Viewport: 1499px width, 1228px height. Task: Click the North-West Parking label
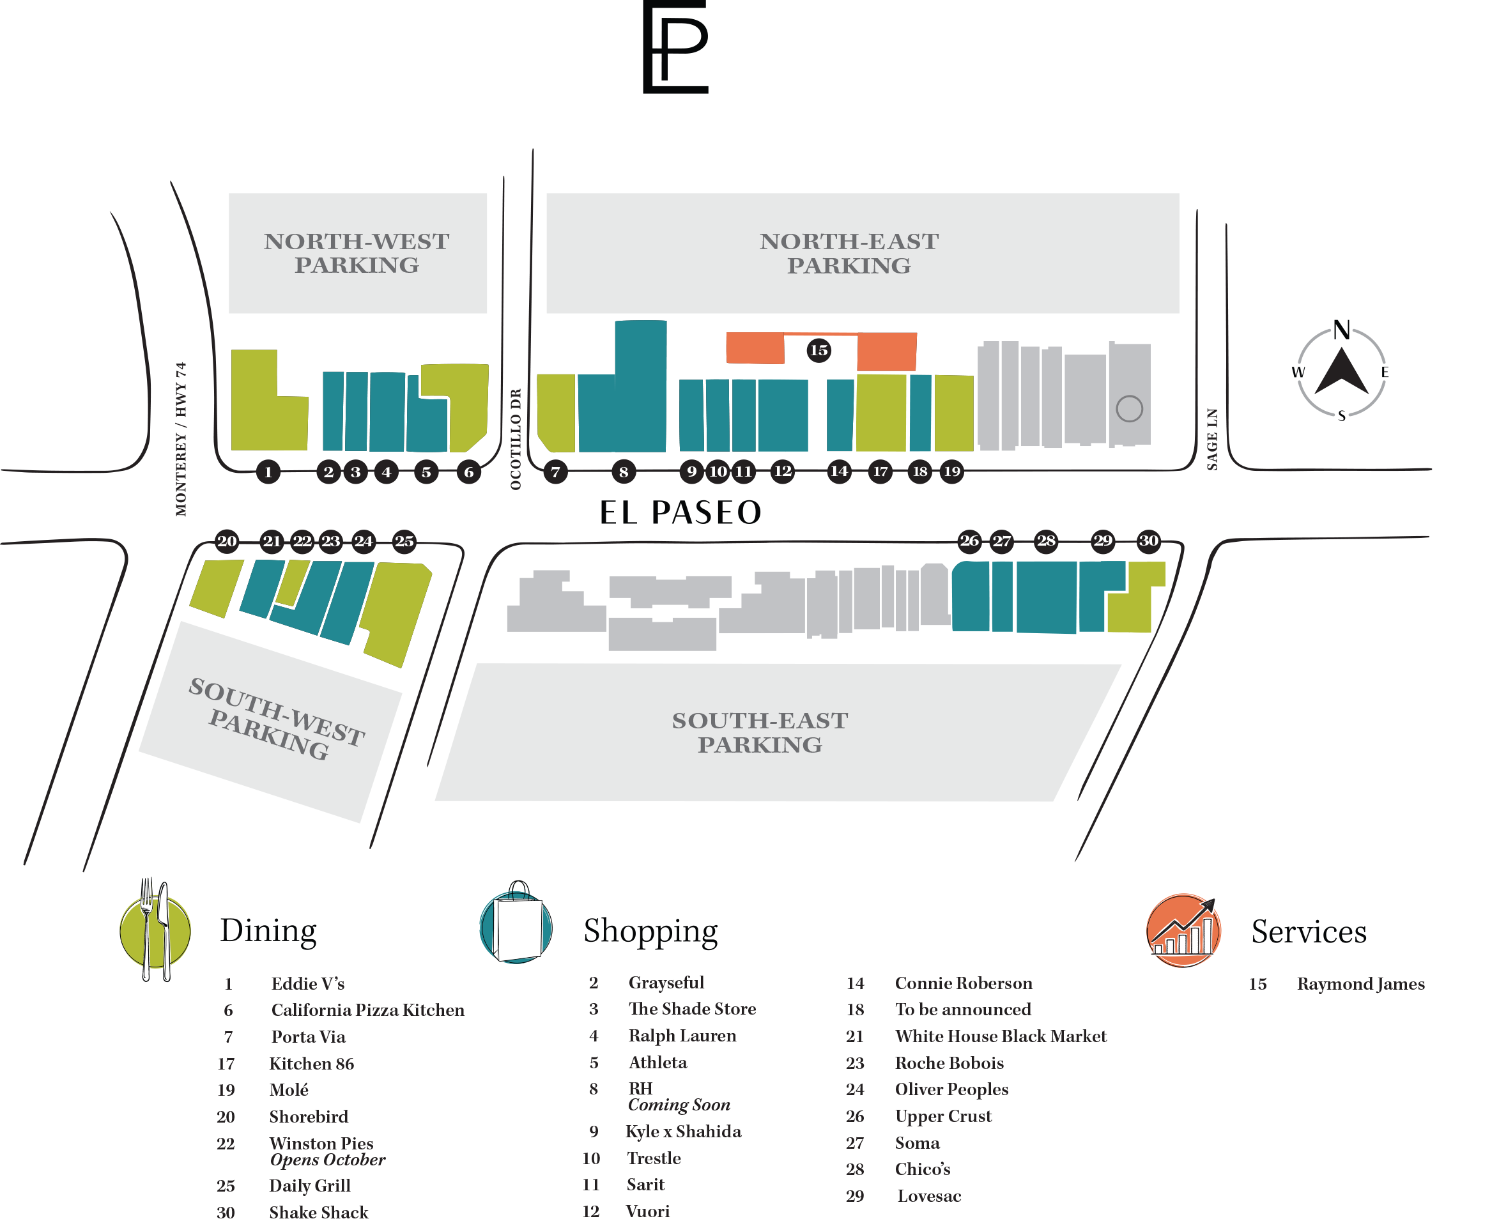(357, 253)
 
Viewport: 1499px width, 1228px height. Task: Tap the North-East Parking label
(849, 253)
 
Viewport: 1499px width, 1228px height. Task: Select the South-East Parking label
(760, 733)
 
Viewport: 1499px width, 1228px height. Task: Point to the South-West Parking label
(276, 719)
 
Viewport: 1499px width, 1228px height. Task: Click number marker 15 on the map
(819, 350)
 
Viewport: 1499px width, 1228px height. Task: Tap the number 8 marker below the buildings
(623, 472)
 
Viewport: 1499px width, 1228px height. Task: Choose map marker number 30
(1148, 541)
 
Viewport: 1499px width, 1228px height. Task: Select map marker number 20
(227, 541)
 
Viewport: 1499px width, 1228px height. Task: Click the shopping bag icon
(516, 924)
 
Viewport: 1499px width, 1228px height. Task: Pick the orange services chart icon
(1183, 930)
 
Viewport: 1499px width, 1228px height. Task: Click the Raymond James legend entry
(1360, 984)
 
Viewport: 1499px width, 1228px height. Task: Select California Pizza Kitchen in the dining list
(368, 1010)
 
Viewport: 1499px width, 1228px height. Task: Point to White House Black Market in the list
(1000, 1036)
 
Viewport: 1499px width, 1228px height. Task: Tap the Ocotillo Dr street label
(516, 438)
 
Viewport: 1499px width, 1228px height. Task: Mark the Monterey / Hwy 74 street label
(181, 438)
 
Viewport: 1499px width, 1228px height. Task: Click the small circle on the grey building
(1129, 408)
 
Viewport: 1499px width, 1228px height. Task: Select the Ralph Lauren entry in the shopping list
(682, 1036)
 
